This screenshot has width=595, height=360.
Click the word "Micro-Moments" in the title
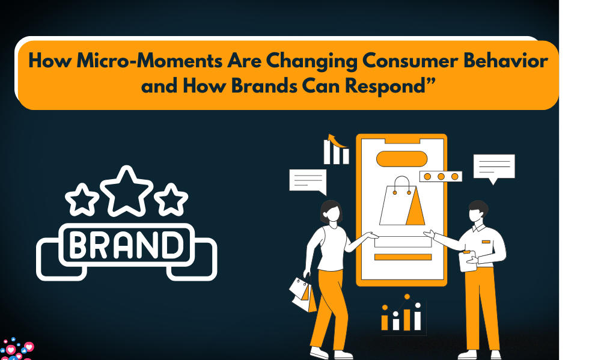[x=150, y=61]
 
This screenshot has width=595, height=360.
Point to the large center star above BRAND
[x=126, y=192]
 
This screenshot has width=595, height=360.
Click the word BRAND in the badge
[x=126, y=244]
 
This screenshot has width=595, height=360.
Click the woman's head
[x=331, y=212]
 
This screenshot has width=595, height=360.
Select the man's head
[x=478, y=212]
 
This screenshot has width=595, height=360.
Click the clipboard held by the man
[x=468, y=261]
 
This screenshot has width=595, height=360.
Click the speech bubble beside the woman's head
[x=308, y=182]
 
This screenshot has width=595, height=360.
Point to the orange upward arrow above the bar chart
[x=337, y=141]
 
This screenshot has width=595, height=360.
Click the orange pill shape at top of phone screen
[x=402, y=159]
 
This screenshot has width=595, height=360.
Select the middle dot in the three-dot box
[x=441, y=177]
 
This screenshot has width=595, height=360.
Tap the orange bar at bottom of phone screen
[x=403, y=257]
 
